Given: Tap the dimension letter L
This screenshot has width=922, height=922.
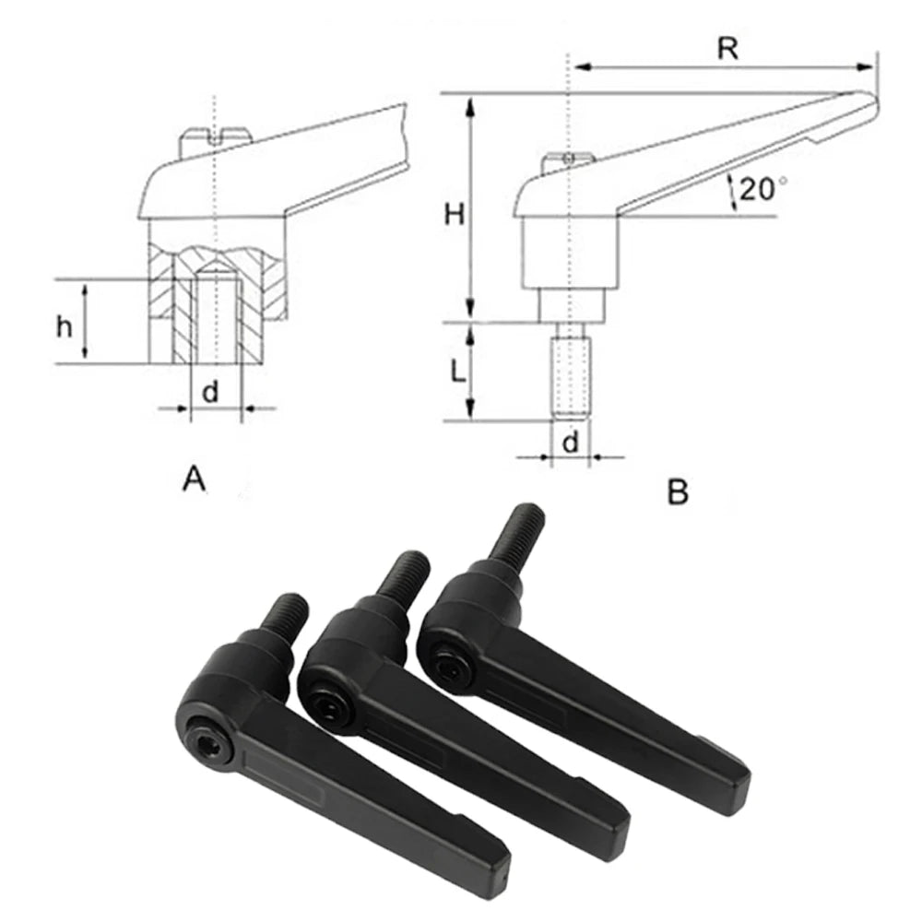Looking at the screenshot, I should click(455, 372).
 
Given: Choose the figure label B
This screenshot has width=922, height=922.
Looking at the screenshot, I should click(678, 492).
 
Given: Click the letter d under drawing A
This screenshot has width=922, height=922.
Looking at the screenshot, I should click(211, 392).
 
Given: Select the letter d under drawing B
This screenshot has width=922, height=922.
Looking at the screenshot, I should click(571, 443).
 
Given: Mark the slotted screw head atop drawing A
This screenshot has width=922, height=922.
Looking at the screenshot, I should click(216, 138).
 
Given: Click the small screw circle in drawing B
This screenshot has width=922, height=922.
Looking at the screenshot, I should click(570, 160).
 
